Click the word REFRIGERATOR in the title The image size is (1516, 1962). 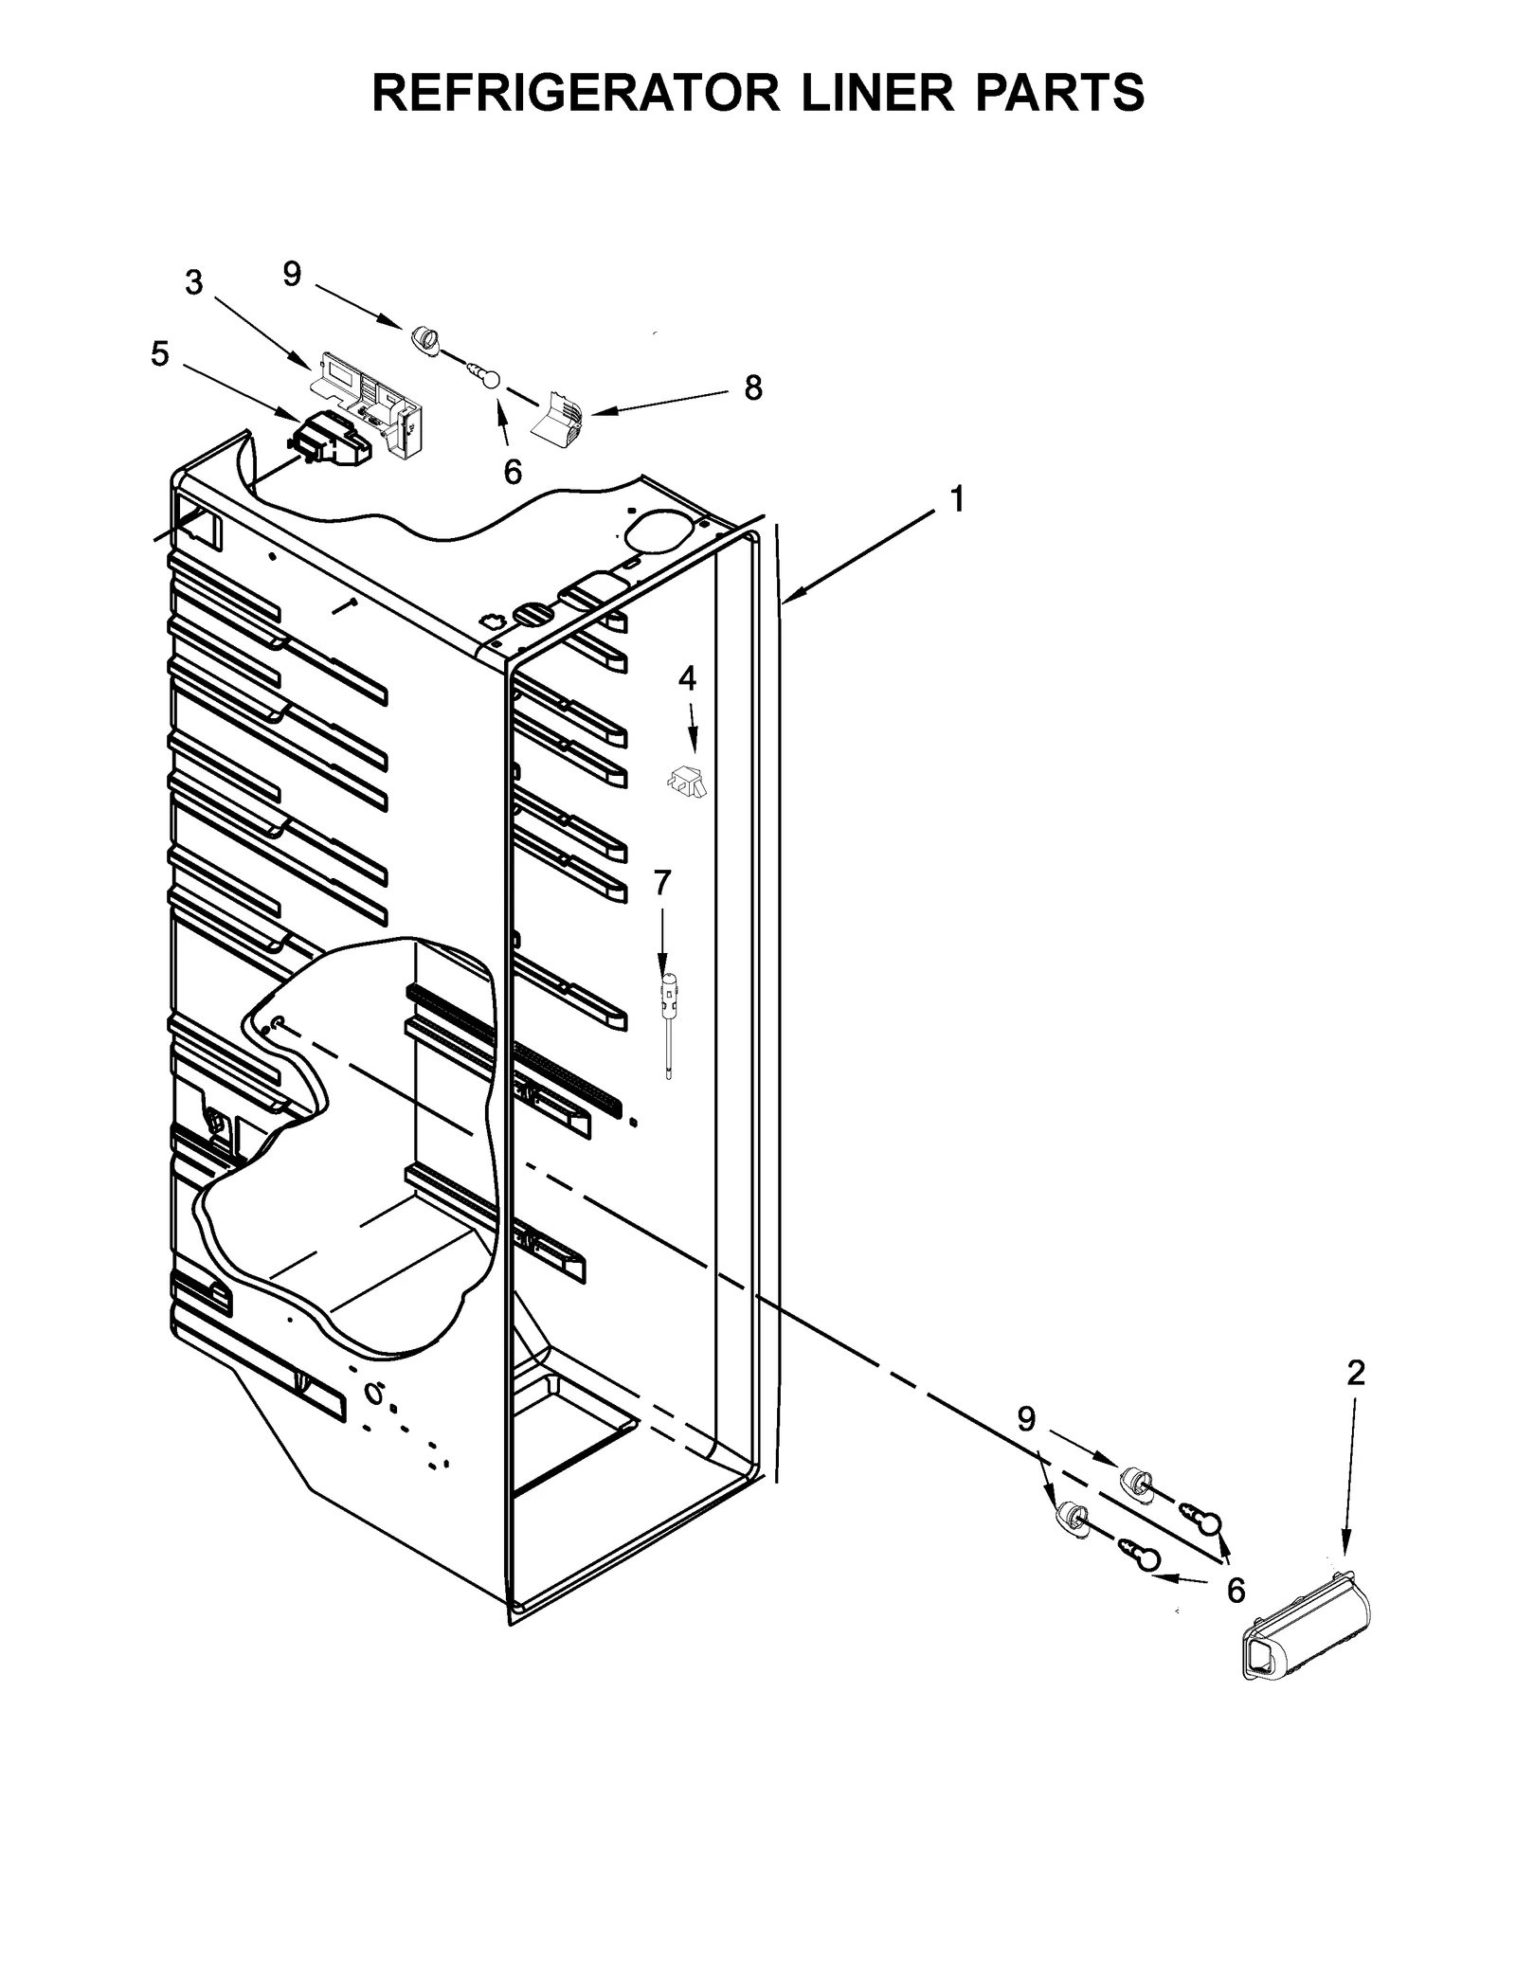tap(574, 93)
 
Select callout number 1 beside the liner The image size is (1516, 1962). tap(957, 499)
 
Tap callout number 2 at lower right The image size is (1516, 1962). tap(1356, 1373)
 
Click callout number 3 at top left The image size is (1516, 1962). tap(194, 282)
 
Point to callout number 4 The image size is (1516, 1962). tap(687, 677)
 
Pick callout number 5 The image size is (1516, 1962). tap(159, 354)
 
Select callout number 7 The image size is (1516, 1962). tap(662, 882)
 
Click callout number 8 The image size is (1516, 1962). tap(752, 387)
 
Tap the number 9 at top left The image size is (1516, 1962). tap(292, 274)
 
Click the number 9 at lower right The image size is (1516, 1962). tap(1026, 1419)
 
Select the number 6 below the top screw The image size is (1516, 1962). tap(513, 472)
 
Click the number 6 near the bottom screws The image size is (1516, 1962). tap(1236, 1590)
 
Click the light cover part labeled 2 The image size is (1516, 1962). tap(1306, 1628)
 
